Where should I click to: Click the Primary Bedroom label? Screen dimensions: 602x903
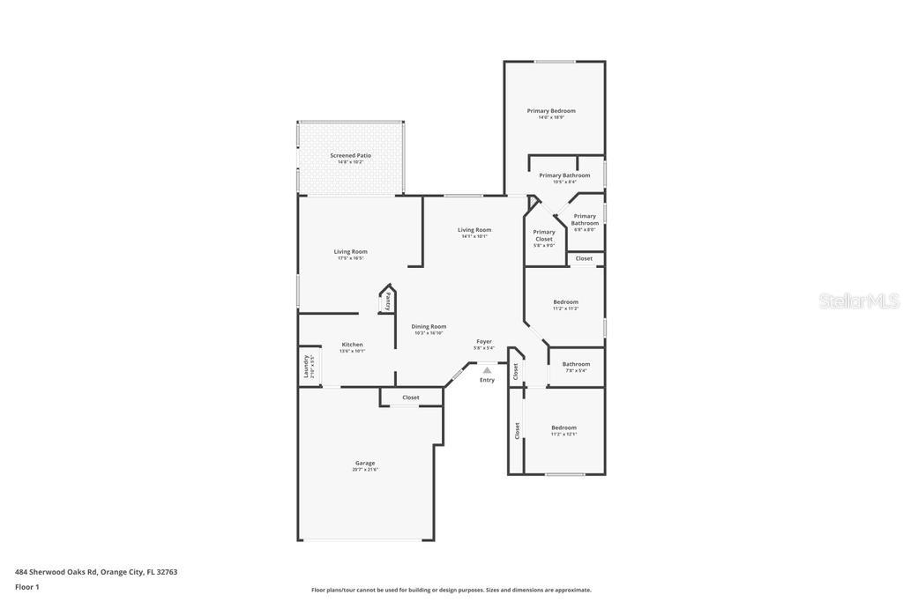(x=551, y=112)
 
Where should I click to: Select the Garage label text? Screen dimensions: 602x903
(x=365, y=464)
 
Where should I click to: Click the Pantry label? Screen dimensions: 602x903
(x=388, y=301)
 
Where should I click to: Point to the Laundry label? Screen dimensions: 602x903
(x=307, y=366)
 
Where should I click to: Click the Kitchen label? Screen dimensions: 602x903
(x=352, y=346)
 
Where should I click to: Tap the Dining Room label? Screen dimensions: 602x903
(x=429, y=327)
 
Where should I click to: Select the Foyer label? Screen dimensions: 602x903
(x=484, y=342)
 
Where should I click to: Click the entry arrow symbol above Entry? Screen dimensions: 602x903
(x=487, y=370)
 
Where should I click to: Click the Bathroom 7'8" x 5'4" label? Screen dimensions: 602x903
(x=576, y=365)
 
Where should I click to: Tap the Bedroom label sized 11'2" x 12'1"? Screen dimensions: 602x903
(x=563, y=428)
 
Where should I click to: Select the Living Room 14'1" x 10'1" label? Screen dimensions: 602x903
(x=474, y=231)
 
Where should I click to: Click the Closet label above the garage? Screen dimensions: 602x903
(x=411, y=398)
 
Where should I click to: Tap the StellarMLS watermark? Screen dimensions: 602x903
(x=859, y=301)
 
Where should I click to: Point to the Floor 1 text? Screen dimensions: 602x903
(x=27, y=587)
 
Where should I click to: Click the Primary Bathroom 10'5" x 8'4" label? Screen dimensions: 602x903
(x=564, y=176)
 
